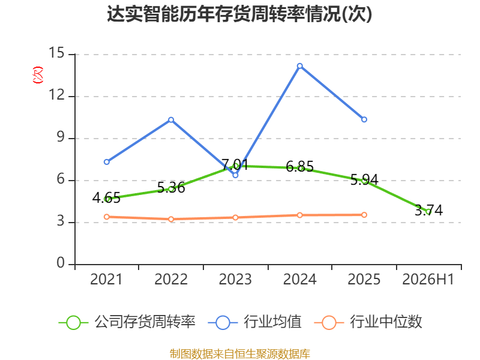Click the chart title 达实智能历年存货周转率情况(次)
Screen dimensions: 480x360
(x=239, y=14)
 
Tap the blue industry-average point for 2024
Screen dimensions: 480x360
(x=299, y=66)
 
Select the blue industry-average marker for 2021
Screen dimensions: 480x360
(x=107, y=161)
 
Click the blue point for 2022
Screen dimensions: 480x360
(x=171, y=119)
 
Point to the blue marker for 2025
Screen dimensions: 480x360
(x=364, y=119)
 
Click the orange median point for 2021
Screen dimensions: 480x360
(x=107, y=217)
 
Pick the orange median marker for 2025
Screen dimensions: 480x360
(x=364, y=215)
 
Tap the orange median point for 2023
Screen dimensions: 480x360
(x=235, y=218)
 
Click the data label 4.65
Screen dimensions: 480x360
(x=106, y=198)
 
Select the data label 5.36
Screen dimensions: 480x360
(x=171, y=187)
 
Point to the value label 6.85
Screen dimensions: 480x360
(x=299, y=166)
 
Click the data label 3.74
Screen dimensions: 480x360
(x=428, y=211)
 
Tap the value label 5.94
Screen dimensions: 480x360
(x=364, y=179)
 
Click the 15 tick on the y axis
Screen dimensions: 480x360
(x=56, y=53)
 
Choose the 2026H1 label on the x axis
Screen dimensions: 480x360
(x=428, y=279)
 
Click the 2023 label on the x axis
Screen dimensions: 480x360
(x=235, y=279)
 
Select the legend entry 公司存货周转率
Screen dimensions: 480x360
(x=127, y=322)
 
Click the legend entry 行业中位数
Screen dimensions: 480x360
(x=368, y=322)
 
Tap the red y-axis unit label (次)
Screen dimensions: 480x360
(x=38, y=75)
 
